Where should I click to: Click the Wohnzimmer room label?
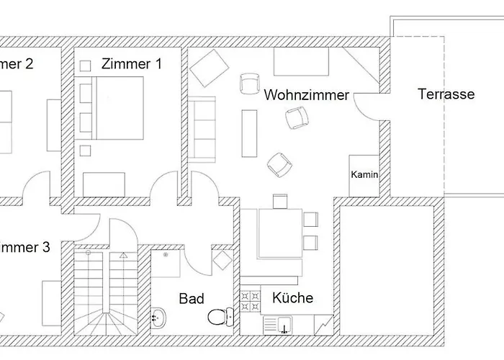coord(306,95)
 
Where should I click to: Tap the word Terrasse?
coord(446,94)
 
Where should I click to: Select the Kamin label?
coord(364,175)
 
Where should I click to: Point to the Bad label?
coord(192,299)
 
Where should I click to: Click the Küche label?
coord(292,297)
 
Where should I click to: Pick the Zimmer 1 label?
coord(131,63)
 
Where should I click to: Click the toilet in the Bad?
coord(219,316)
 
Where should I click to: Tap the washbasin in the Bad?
coord(160,315)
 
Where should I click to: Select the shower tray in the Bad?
coord(166,264)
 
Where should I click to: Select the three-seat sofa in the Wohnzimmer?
coord(203,127)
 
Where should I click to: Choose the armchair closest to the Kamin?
coord(279,164)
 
